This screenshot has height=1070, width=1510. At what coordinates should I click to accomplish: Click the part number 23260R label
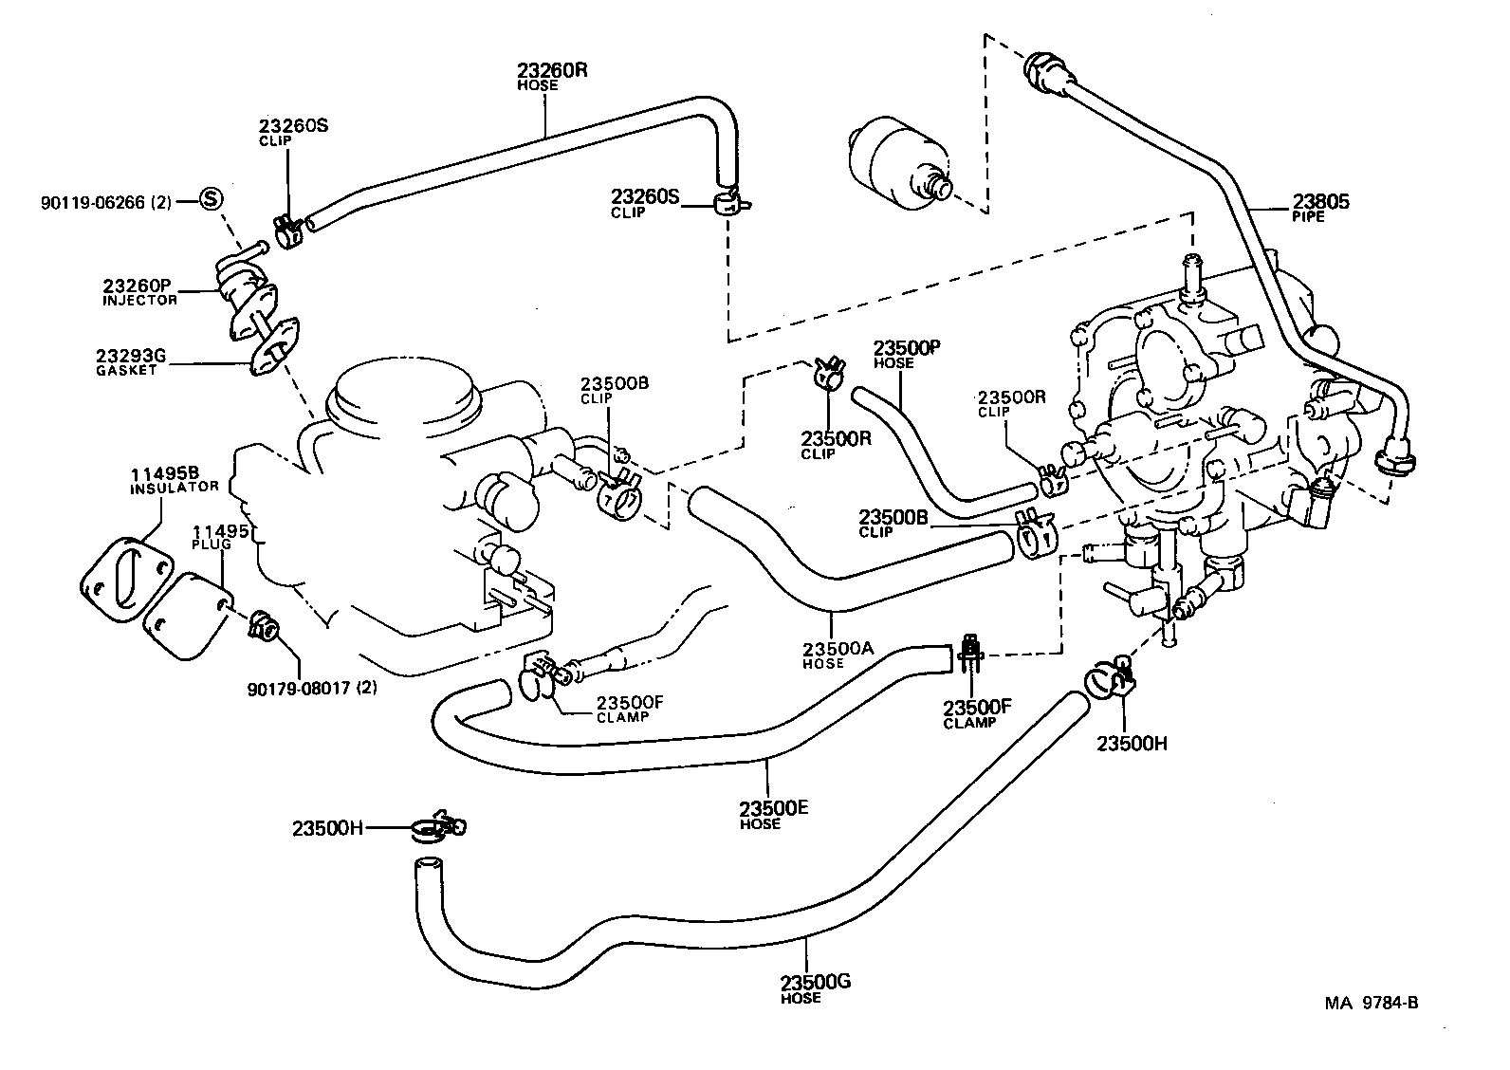[x=551, y=75]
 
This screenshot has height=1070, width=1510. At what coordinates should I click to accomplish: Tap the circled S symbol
[x=211, y=199]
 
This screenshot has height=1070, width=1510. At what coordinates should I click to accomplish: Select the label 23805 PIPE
[x=1319, y=207]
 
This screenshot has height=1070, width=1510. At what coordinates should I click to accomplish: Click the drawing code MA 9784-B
[x=1372, y=1004]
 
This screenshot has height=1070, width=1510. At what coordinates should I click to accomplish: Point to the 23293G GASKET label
[x=130, y=361]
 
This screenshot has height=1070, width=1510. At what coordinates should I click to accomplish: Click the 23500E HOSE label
[x=772, y=814]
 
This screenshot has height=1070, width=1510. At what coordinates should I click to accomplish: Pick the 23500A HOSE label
[x=836, y=654]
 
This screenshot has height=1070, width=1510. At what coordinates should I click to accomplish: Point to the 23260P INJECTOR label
[x=139, y=290]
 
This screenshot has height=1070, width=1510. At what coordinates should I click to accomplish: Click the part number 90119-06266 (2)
[x=106, y=202]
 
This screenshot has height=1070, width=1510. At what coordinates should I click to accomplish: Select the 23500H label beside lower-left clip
[x=327, y=828]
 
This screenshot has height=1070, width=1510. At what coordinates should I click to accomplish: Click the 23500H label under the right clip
[x=1132, y=744]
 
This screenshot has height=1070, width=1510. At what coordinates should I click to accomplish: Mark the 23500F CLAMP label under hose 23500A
[x=977, y=712]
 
